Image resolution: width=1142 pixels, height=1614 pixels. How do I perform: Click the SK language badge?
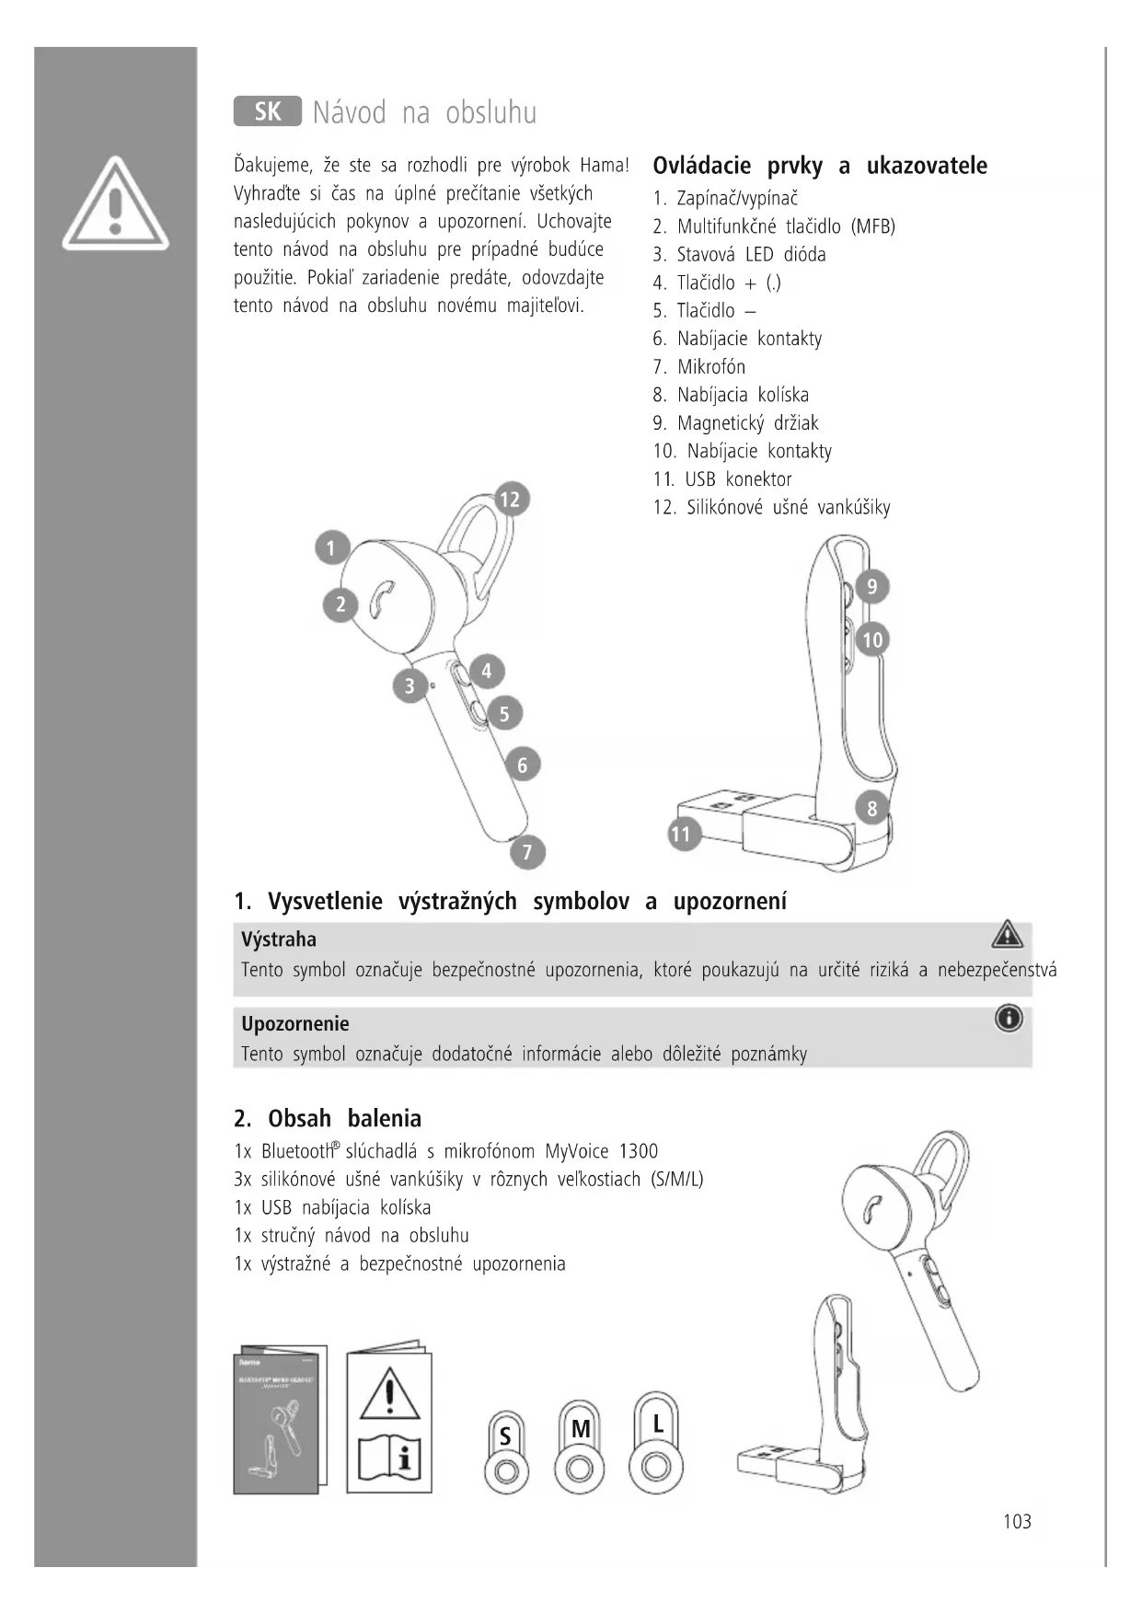(267, 112)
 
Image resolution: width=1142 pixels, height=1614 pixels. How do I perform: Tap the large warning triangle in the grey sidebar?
(115, 204)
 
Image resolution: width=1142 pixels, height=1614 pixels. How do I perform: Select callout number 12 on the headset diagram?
(509, 500)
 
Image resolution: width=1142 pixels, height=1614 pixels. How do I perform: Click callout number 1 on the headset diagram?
(331, 548)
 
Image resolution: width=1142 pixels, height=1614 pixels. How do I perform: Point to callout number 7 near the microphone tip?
(527, 852)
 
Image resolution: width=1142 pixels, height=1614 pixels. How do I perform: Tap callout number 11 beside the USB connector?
(680, 835)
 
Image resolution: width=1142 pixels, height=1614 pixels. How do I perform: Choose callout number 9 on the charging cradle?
(872, 586)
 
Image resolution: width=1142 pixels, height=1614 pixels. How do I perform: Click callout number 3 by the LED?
(410, 686)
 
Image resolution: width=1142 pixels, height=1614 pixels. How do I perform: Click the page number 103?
(1017, 1522)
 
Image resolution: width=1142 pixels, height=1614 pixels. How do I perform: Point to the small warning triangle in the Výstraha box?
(1008, 934)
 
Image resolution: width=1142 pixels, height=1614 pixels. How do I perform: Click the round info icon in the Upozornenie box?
(1009, 1019)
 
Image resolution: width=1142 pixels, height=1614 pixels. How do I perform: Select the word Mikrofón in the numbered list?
(711, 367)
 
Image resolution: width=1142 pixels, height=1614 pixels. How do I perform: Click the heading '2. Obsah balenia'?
(328, 1119)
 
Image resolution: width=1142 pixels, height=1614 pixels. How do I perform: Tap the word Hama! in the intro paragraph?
(605, 166)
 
